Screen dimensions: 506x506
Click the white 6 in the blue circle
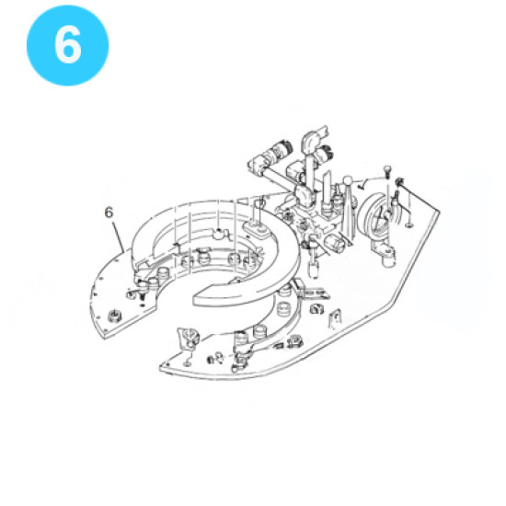pos(67,44)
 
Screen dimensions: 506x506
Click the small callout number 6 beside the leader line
pos(109,213)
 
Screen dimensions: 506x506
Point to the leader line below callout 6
pos(118,236)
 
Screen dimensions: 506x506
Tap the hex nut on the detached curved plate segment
pos(114,315)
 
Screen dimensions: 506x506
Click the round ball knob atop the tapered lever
pos(348,180)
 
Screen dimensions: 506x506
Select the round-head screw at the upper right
pos(387,170)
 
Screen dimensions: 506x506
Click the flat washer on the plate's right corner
pos(409,224)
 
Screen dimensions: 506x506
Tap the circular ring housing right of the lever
pos(374,219)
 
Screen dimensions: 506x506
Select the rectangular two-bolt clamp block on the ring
pos(258,229)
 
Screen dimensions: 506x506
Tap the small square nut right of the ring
pos(316,309)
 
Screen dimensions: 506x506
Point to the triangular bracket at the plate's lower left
pos(188,338)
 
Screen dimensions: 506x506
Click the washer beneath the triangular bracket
pos(187,363)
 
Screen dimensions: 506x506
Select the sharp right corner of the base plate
pos(439,211)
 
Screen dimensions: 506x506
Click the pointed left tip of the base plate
pos(161,367)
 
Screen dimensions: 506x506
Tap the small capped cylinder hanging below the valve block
pos(313,269)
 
